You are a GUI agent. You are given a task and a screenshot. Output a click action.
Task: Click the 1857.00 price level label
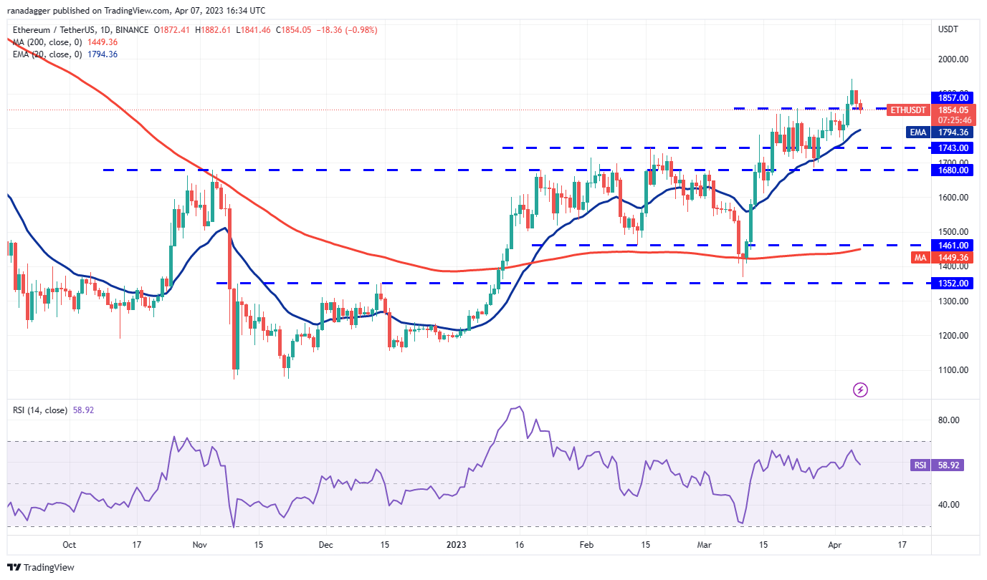tap(950, 97)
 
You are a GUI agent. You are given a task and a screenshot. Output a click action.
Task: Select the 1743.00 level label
tap(950, 148)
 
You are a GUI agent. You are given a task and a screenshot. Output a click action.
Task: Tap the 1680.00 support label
tap(950, 170)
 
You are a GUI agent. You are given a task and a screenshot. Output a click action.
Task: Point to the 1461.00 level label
tap(950, 245)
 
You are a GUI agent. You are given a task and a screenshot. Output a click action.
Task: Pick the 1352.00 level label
tap(950, 283)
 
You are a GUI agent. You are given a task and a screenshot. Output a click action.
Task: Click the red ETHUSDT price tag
tap(908, 110)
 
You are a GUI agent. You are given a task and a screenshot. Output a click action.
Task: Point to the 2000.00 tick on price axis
tap(954, 59)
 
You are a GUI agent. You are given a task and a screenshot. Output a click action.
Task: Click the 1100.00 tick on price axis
tap(954, 370)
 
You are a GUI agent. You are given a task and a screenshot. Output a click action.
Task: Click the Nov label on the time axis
tap(199, 545)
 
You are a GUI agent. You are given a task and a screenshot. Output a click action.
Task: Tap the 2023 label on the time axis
tap(456, 545)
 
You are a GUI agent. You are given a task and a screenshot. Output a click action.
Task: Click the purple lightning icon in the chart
tap(861, 390)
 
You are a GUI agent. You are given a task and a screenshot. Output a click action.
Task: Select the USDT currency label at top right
tap(948, 29)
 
